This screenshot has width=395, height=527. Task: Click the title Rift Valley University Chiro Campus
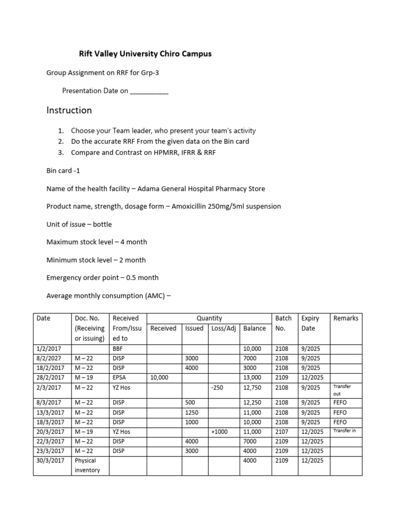145,54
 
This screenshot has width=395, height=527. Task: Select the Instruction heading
69,110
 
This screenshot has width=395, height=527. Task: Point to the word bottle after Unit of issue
101,224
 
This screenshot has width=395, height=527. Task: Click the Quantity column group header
209,319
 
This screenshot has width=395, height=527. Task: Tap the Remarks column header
346,319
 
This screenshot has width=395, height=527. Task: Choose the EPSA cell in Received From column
119,377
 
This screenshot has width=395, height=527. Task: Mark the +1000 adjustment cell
220,432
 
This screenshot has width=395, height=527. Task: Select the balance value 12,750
254,388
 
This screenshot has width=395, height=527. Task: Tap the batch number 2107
282,432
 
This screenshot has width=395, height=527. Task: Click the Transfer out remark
342,390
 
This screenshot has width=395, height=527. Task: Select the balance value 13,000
254,377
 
